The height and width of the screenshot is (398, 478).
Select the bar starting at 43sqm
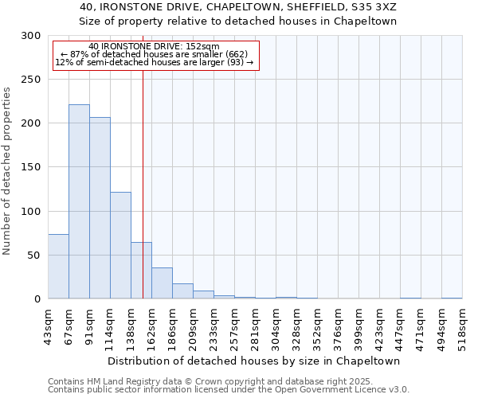pyautogui.click(x=58, y=267)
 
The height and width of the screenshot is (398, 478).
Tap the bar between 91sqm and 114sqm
pyautogui.click(x=100, y=208)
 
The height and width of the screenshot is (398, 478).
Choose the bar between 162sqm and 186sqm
pyautogui.click(x=162, y=283)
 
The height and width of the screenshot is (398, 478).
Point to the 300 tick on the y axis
pyautogui.click(x=31, y=36)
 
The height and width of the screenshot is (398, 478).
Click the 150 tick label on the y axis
pyautogui.click(x=31, y=167)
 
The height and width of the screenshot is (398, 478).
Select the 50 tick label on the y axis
pyautogui.click(x=34, y=256)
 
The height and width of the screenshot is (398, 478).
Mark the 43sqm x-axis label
pyautogui.click(x=49, y=325)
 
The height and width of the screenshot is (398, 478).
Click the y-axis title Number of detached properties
pyautogui.click(x=7, y=170)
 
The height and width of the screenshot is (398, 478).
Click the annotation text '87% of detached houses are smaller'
pyautogui.click(x=159, y=54)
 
